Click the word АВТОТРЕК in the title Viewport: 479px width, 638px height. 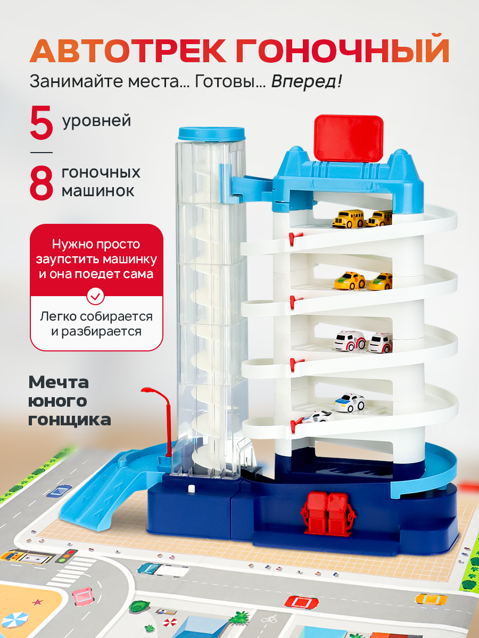click(128, 52)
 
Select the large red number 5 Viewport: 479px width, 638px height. click(42, 123)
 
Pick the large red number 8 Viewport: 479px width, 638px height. click(42, 182)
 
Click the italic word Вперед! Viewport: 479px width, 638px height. click(306, 82)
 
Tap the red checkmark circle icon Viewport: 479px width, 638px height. click(96, 296)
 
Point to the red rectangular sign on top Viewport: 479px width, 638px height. click(349, 138)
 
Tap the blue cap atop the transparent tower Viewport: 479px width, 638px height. click(211, 134)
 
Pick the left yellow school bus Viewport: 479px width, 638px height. click(349, 219)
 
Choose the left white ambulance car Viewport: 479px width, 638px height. click(350, 341)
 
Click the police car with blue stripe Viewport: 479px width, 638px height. click(349, 403)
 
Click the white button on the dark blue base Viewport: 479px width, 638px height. click(191, 489)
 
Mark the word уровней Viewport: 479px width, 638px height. click(96, 121)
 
